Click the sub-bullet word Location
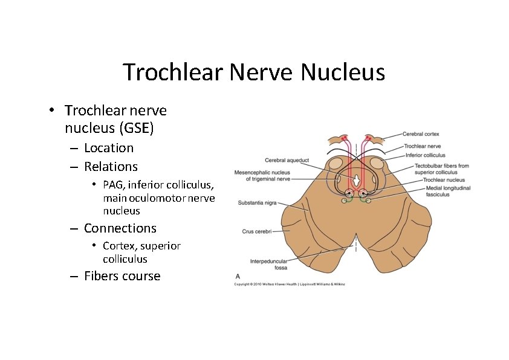[109, 148]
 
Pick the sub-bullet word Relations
[111, 167]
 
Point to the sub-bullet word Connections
[120, 228]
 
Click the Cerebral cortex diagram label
[422, 134]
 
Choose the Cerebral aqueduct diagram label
[287, 160]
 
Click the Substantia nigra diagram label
[257, 203]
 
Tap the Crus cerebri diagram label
[256, 231]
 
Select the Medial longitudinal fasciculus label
[447, 191]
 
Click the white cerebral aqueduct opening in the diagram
[357, 180]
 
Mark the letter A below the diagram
[237, 276]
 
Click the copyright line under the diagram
[290, 284]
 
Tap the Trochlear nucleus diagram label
[444, 180]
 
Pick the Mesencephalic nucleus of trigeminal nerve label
[262, 175]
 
